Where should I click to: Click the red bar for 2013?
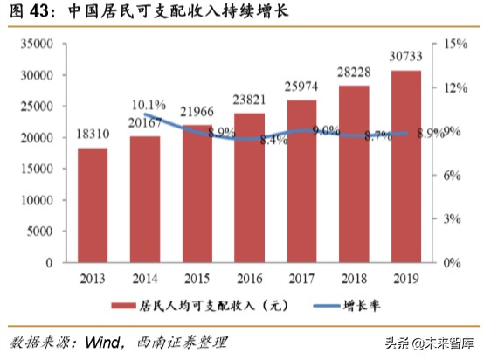[93, 205]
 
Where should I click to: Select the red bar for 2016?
[249, 188]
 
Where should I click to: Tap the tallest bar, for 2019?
[405, 166]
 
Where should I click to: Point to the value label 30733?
[405, 58]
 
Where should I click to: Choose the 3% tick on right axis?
[449, 218]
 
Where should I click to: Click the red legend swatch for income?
[122, 305]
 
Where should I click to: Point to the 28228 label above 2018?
[353, 73]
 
